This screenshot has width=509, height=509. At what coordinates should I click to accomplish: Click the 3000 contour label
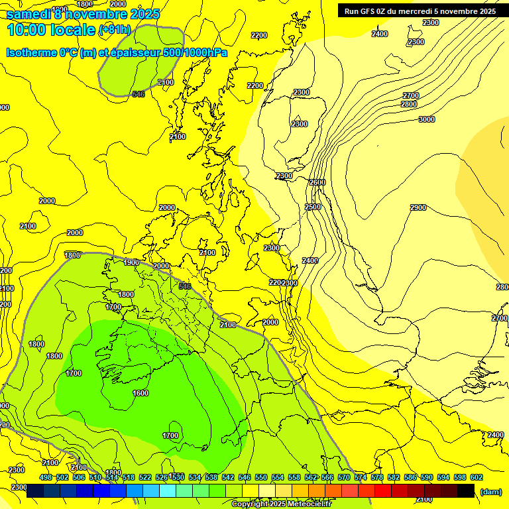427,119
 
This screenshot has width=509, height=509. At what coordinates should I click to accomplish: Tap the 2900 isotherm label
418,208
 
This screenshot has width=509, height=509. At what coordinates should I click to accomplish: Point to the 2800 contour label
409,105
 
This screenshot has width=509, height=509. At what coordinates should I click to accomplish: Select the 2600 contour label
317,183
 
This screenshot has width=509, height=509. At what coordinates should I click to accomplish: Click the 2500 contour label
313,207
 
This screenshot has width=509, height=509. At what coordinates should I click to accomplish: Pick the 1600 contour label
141,394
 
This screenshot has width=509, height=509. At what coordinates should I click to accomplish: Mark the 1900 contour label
131,263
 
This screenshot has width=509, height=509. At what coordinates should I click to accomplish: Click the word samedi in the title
30,14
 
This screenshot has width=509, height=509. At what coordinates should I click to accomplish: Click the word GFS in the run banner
374,11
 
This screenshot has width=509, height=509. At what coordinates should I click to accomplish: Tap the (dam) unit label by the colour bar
490,492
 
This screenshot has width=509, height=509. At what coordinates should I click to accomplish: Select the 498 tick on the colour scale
46,478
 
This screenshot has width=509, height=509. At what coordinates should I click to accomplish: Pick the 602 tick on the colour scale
477,478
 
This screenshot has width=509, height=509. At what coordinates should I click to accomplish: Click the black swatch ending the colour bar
466,491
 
